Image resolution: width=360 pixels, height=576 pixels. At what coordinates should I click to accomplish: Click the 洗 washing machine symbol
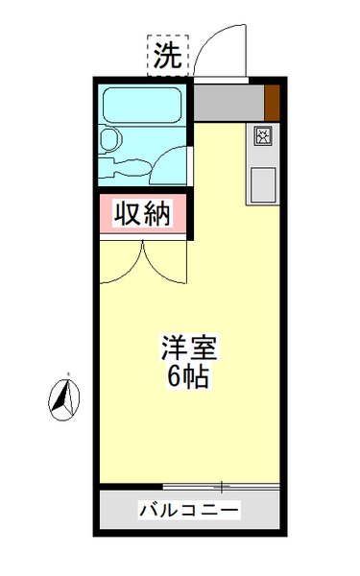[168, 57]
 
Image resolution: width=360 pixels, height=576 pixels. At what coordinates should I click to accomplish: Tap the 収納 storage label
[144, 214]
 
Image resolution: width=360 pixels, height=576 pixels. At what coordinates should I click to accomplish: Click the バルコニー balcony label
[189, 509]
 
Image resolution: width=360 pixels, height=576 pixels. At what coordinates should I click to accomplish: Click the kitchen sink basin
[263, 180]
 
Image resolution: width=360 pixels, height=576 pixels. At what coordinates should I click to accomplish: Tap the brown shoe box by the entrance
[273, 101]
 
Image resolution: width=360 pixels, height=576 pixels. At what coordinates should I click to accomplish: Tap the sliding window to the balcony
[221, 487]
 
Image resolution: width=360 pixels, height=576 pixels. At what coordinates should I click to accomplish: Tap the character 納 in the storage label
[158, 214]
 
